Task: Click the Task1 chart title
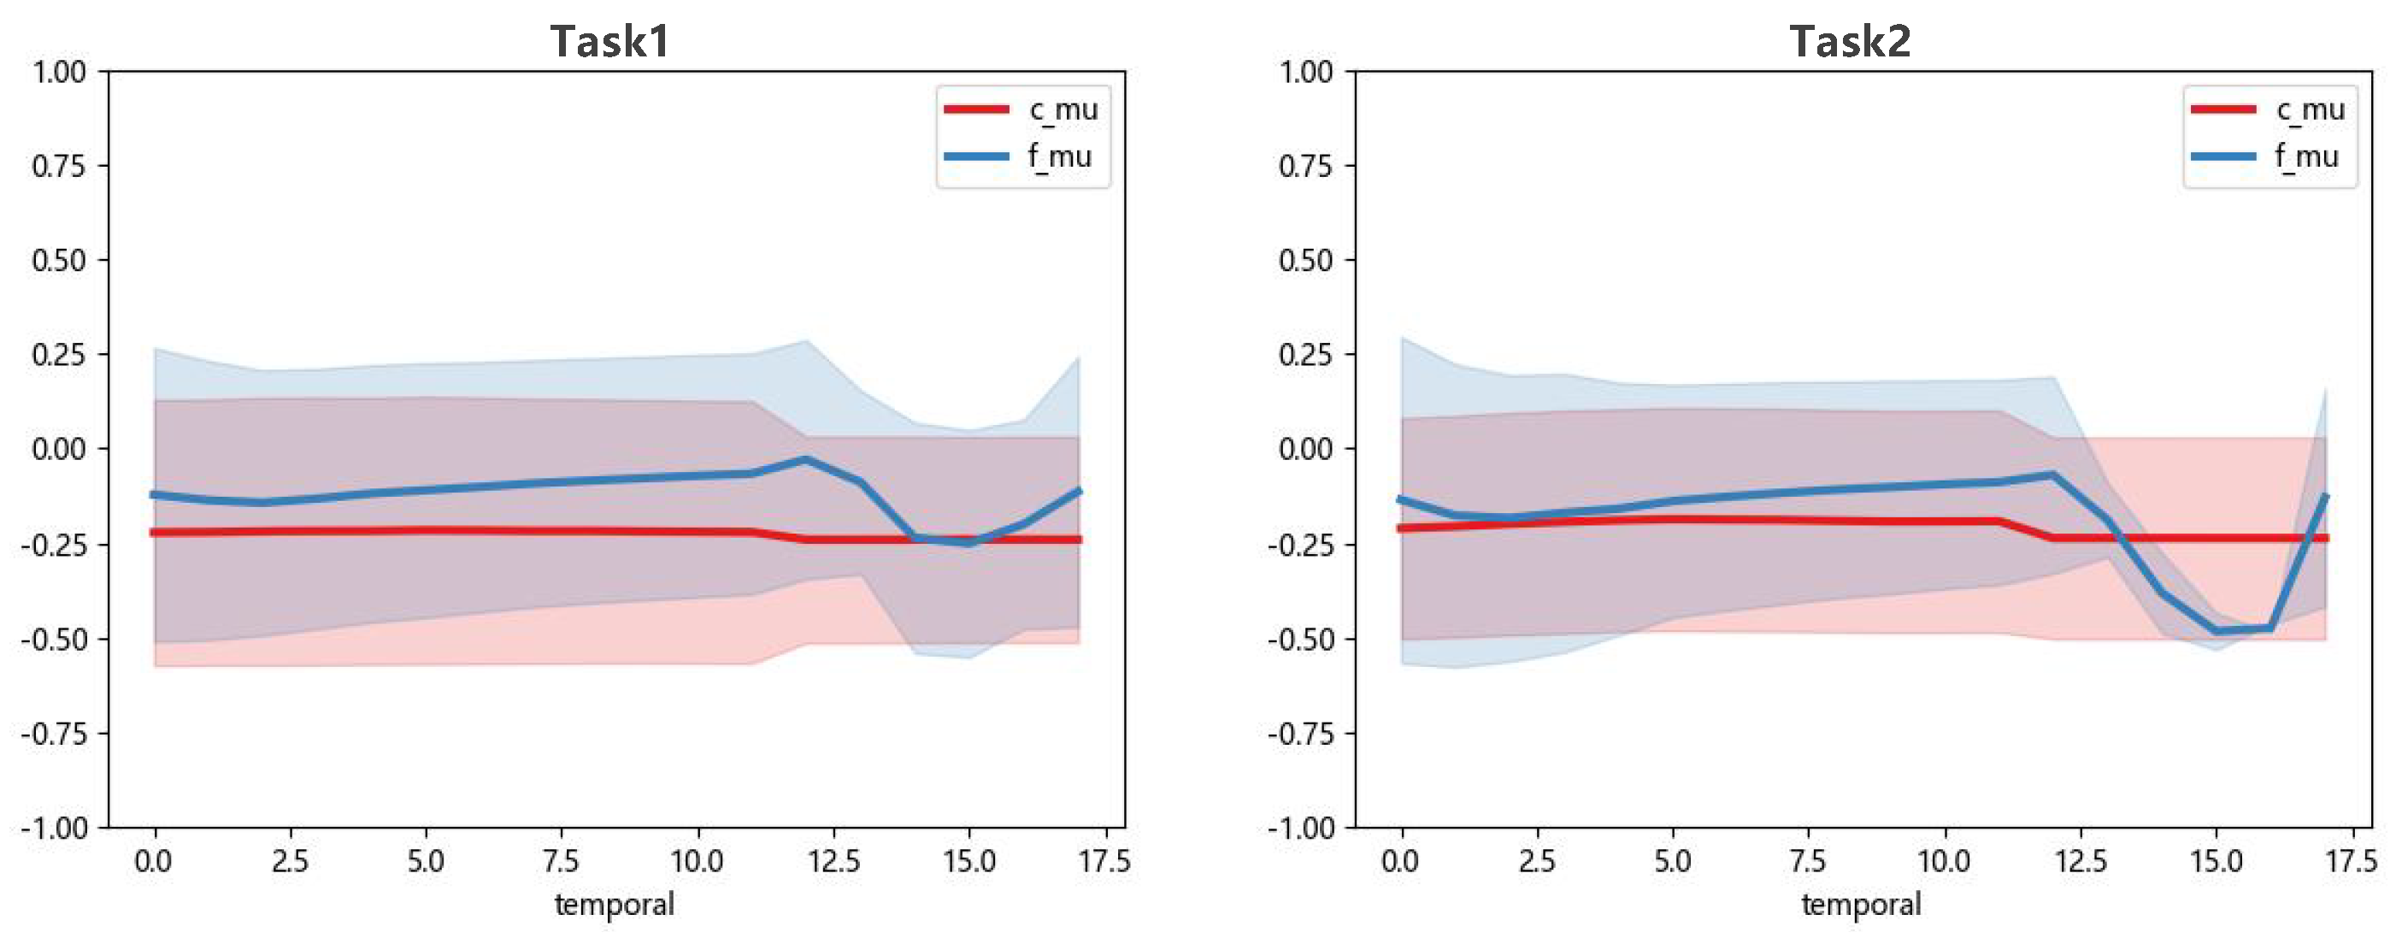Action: [609, 41]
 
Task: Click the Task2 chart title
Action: [1850, 41]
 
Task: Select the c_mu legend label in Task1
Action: [1063, 109]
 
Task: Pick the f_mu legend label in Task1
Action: [1059, 156]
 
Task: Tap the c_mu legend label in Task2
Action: [2310, 109]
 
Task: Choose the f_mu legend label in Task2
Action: [2306, 156]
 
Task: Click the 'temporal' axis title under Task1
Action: [615, 904]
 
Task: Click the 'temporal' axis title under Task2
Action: [1861, 904]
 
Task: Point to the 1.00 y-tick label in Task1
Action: [59, 72]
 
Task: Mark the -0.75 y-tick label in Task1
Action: [53, 735]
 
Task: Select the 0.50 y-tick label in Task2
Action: [1305, 260]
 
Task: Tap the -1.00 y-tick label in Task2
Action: [1300, 829]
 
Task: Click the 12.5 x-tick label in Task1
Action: [833, 861]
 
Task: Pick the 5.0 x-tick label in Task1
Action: [425, 861]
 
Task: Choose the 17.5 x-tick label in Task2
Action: [2351, 861]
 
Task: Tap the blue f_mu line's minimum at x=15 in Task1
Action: [968, 542]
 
